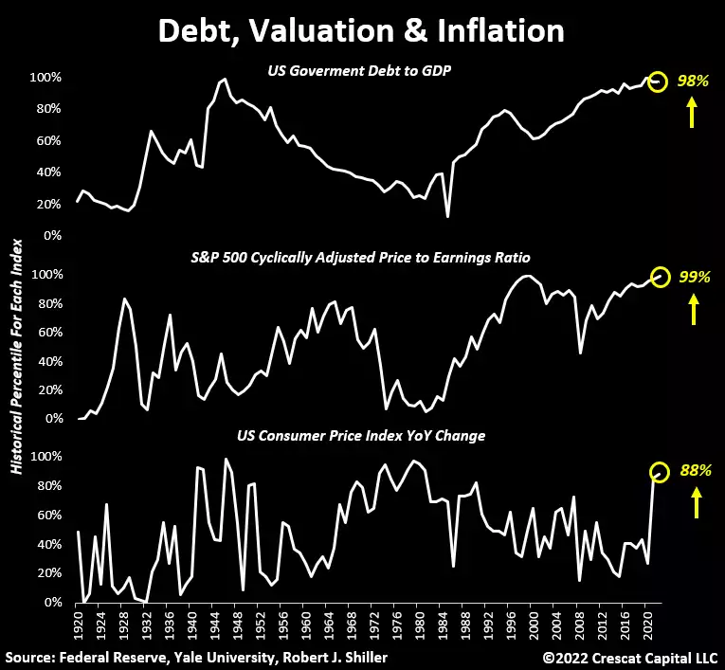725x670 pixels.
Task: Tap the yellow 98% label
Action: coord(693,81)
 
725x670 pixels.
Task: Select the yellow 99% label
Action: coord(693,277)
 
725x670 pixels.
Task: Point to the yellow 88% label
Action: coord(693,471)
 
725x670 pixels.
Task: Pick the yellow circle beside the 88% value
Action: coord(659,471)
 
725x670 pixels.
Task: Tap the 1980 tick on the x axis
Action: coord(418,625)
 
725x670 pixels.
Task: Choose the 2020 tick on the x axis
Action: coord(645,625)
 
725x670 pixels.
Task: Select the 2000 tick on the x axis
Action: coord(532,625)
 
